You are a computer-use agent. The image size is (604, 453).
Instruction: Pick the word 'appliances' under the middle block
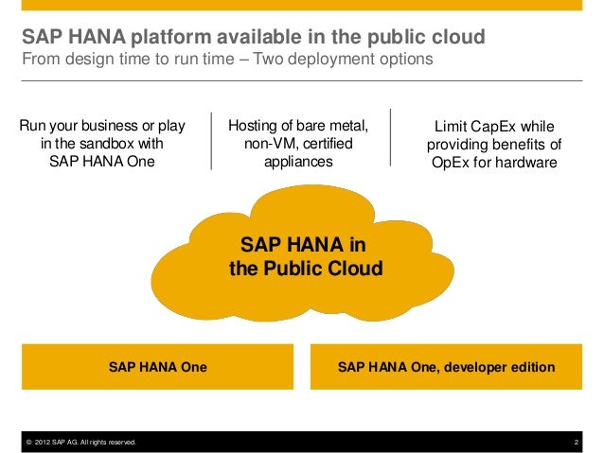pyautogui.click(x=298, y=162)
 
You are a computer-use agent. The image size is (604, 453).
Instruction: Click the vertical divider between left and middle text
pyautogui.click(x=211, y=143)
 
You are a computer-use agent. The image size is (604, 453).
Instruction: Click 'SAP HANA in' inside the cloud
pyautogui.click(x=305, y=246)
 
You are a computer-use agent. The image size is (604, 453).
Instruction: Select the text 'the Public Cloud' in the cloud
pyautogui.click(x=306, y=269)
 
